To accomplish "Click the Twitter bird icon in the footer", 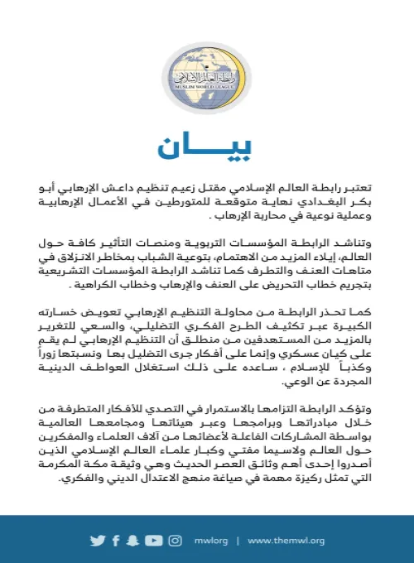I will (x=99, y=541).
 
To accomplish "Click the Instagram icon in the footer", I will (x=176, y=541).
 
